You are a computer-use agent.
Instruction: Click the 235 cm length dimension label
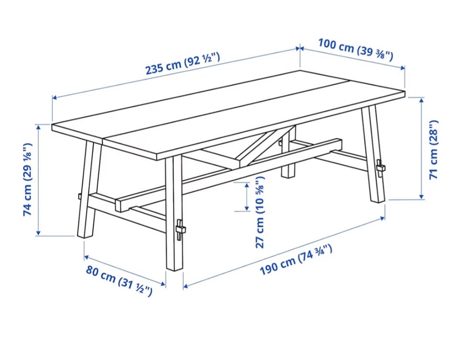click(x=183, y=64)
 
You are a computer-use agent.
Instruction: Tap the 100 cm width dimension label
click(x=356, y=50)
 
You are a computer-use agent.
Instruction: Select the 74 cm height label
click(x=27, y=180)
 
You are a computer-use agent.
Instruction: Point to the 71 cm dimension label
click(x=433, y=149)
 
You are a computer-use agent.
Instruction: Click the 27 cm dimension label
click(x=260, y=212)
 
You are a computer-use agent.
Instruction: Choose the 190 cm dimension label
click(x=296, y=260)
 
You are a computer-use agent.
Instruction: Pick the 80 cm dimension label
click(x=119, y=281)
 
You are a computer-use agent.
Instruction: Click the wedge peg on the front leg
click(x=180, y=229)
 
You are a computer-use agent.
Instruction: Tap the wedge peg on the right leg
click(x=380, y=168)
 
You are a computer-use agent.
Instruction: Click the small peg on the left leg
click(x=79, y=196)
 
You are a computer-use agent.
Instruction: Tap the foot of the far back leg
click(x=288, y=174)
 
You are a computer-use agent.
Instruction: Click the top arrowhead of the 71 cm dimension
click(x=422, y=100)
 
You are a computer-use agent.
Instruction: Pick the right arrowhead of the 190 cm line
click(x=382, y=218)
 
